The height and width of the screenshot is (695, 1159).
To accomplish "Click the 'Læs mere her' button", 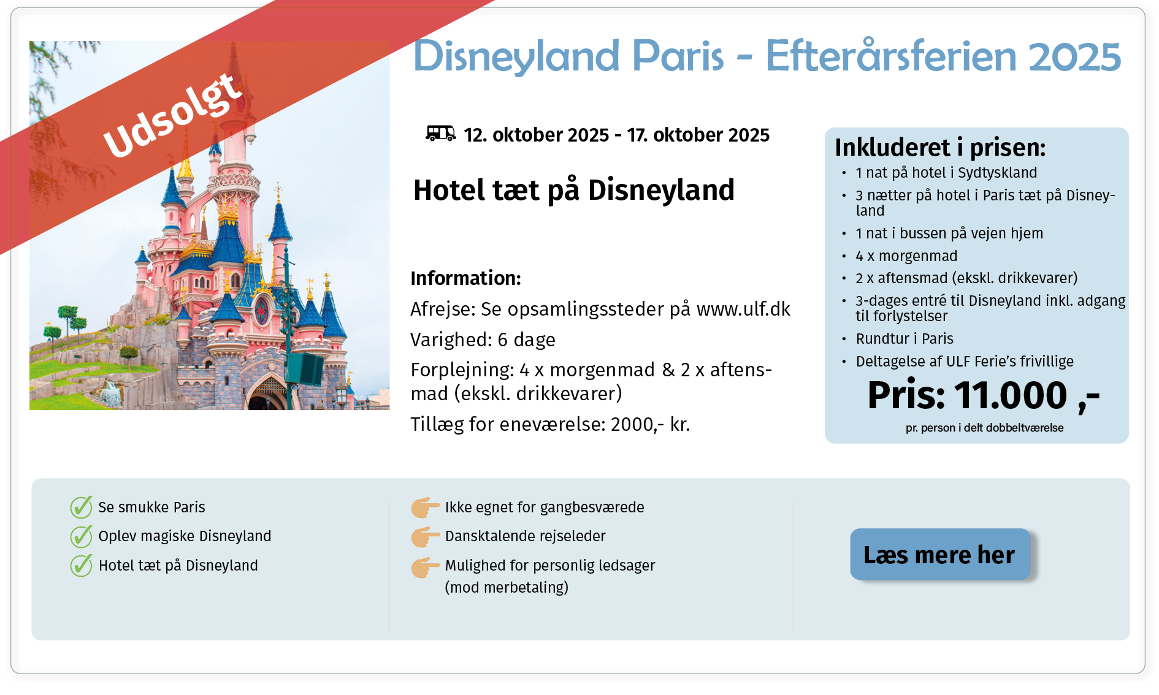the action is (939, 554).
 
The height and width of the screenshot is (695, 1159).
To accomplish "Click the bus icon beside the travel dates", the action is (440, 133).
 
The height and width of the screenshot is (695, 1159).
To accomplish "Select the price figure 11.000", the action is (1011, 395).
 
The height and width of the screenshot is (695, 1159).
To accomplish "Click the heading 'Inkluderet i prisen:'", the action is (940, 147).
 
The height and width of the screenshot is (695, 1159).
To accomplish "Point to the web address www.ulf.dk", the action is (743, 309).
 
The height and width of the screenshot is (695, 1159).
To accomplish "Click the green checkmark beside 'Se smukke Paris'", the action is (81, 507).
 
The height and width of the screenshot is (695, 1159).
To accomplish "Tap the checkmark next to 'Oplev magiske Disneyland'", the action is (81, 536).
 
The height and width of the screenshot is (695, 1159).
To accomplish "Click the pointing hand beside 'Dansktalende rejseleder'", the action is (425, 536).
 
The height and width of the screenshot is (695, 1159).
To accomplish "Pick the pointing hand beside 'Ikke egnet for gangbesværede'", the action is (425, 507).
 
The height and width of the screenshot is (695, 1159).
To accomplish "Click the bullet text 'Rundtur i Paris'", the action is (905, 339).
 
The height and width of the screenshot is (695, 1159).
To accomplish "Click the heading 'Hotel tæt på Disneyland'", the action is (574, 190).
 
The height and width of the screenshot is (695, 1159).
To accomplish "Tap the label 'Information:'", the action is (465, 278).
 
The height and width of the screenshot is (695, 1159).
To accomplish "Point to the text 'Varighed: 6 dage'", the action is (483, 340).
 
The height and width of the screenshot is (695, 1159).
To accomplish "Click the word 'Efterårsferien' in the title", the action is (892, 56).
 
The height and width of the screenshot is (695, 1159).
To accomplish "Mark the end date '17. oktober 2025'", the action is (698, 135).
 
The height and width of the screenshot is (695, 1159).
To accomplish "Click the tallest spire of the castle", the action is (234, 74).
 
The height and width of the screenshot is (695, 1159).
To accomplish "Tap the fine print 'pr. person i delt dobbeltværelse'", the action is (984, 428).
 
